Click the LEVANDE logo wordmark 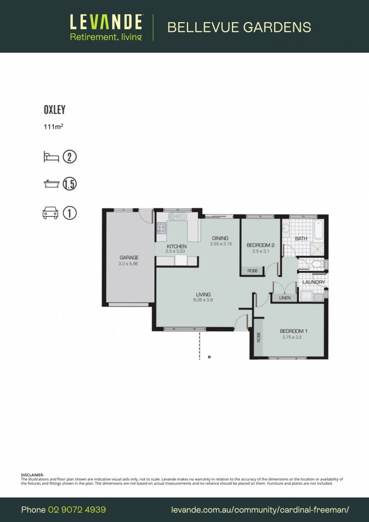point(106,22)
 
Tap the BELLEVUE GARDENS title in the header point(239,27)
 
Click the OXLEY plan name point(55,110)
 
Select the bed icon point(51,157)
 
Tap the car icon point(51,213)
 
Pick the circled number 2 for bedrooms point(70,157)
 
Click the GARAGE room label point(129,258)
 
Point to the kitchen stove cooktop point(161,229)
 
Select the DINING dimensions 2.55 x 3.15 point(221,244)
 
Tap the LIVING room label point(203,294)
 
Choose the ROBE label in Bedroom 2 point(252,271)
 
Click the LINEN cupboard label point(285,298)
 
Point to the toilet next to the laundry point(316,264)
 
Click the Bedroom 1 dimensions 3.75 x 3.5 point(292,337)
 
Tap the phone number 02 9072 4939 point(77,510)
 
